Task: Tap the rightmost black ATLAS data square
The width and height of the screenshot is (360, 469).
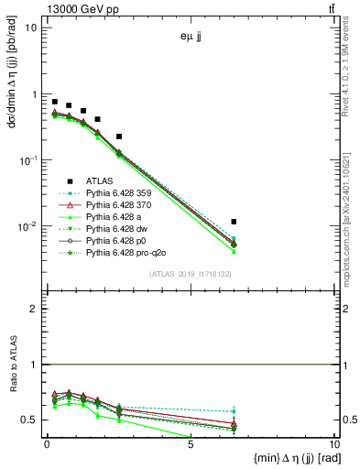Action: tap(235, 222)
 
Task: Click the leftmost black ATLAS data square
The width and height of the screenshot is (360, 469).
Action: tap(55, 102)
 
